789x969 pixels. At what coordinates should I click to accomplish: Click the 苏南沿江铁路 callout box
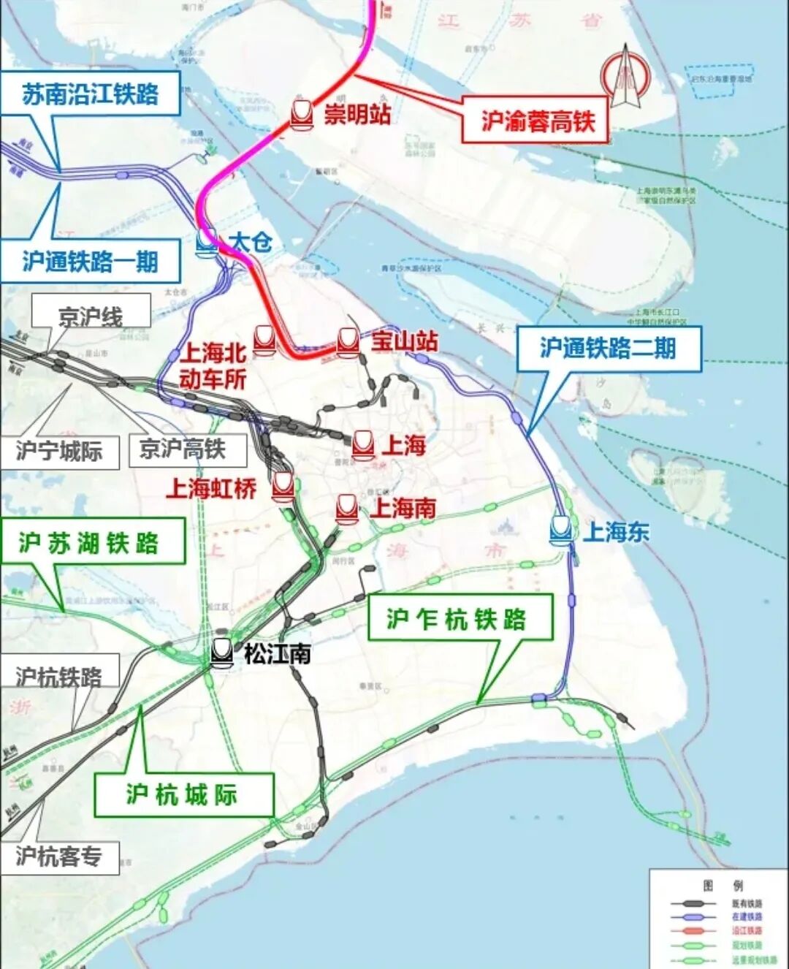tap(91, 94)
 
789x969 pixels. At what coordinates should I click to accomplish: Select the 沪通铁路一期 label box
tap(90, 262)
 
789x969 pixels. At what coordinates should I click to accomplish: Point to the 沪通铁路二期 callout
tap(609, 349)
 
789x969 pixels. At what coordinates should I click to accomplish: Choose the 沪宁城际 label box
tap(59, 450)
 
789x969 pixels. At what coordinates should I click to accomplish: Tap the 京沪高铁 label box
tap(183, 449)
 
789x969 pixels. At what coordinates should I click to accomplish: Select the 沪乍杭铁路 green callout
tap(458, 619)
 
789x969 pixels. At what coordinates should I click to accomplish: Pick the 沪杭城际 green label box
tap(183, 794)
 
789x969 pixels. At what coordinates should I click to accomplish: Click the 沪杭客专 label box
tap(59, 856)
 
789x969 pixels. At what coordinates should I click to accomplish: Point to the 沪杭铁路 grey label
tap(59, 676)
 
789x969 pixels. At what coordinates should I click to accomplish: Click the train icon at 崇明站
tap(302, 114)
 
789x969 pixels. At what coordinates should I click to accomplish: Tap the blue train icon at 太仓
tap(207, 242)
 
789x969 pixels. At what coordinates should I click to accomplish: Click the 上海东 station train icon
tap(561, 530)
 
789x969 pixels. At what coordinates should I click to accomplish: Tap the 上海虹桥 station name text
tap(211, 488)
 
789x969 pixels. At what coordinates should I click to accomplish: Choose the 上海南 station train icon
tap(347, 509)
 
